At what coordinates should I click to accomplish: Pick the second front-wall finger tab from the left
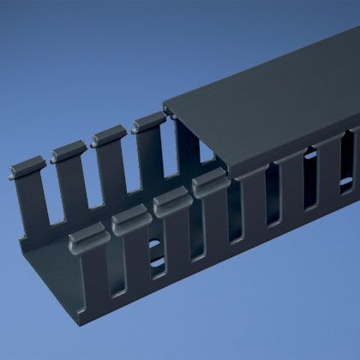(127, 219)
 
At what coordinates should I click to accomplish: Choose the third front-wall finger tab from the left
(168, 201)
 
